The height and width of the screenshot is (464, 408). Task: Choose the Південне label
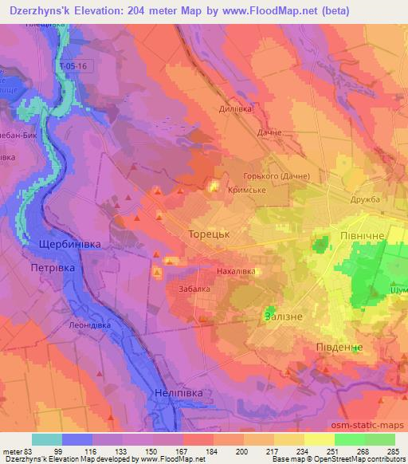[332, 348]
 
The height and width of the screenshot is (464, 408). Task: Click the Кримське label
[247, 191]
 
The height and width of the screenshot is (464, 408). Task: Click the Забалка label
[194, 289]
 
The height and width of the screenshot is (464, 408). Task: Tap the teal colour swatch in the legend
[47, 439]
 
